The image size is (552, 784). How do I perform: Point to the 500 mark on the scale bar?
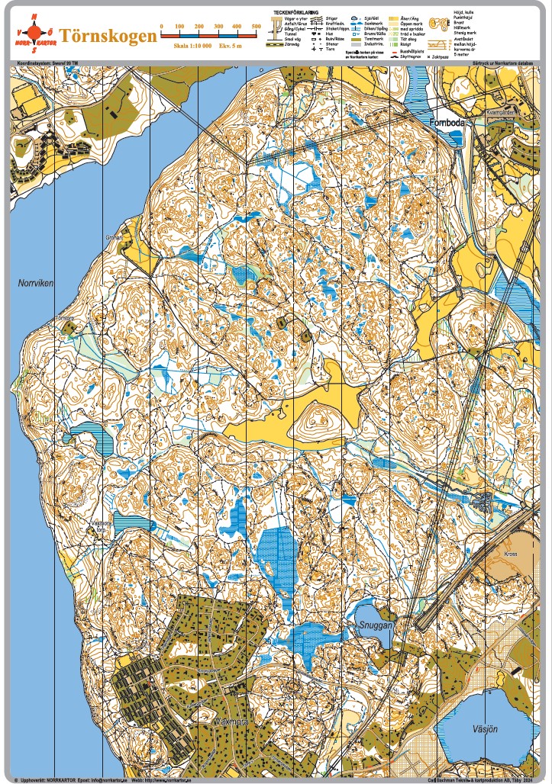(256, 27)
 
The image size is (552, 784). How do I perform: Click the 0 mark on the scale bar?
(161, 27)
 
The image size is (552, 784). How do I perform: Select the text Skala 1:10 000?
(192, 47)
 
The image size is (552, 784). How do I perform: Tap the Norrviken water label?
(36, 283)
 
